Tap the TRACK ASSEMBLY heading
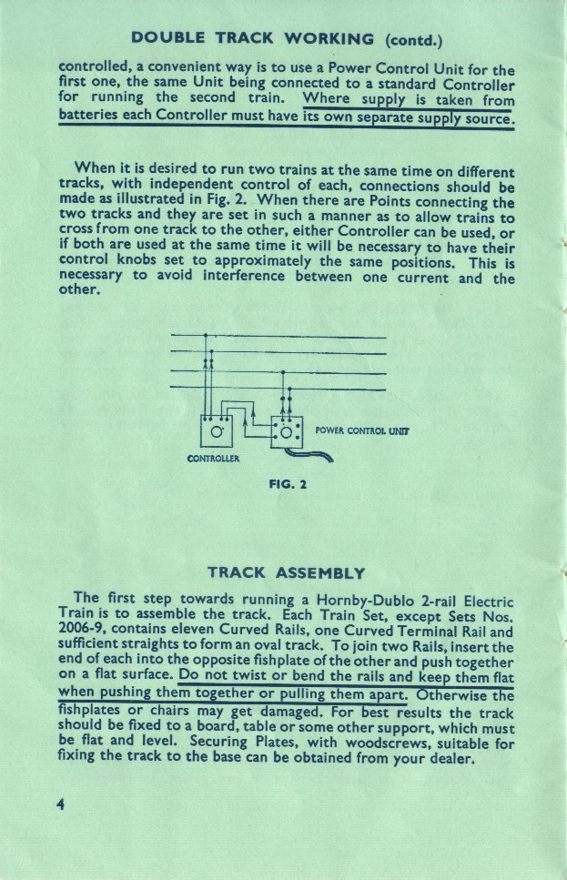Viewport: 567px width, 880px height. pos(286,572)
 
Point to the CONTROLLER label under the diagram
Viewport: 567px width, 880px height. pos(212,457)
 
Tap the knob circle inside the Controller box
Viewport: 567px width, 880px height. pos(216,431)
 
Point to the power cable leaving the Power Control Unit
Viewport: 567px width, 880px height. pos(313,456)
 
